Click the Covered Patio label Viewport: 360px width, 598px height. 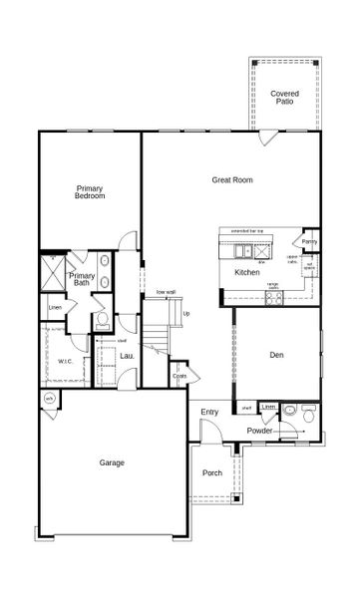(x=285, y=97)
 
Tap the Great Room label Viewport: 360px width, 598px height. (x=233, y=180)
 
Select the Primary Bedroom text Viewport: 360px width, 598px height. (x=90, y=191)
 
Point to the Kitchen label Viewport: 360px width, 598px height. (x=247, y=272)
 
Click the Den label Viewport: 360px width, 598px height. (x=278, y=355)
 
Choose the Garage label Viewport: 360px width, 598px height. (x=111, y=462)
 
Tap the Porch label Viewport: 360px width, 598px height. (x=212, y=472)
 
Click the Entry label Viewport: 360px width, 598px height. (x=209, y=412)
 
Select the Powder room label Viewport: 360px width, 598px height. (x=261, y=431)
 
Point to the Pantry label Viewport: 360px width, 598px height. (x=310, y=241)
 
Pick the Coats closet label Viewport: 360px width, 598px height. (x=180, y=376)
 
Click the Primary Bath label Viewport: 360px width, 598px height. (x=83, y=279)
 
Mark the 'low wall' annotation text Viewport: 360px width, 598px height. (x=166, y=292)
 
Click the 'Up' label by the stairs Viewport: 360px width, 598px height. (x=185, y=315)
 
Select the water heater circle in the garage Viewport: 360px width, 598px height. (x=48, y=398)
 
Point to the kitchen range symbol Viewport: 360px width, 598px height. (x=271, y=294)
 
